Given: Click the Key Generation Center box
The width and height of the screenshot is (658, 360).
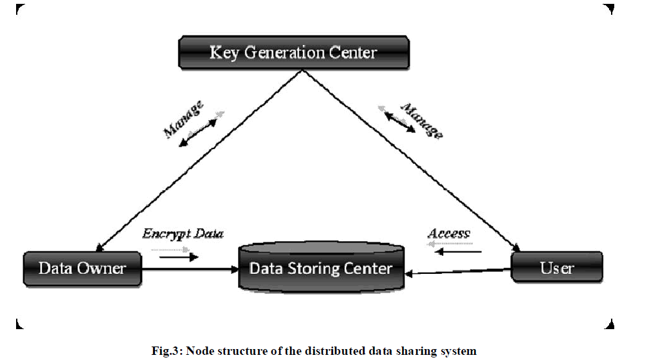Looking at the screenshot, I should pyautogui.click(x=293, y=52).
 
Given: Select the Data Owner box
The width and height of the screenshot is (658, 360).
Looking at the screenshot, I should pyautogui.click(x=82, y=267).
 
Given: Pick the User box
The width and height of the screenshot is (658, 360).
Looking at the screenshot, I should pyautogui.click(x=556, y=267).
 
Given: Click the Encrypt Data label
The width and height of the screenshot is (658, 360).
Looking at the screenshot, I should pyautogui.click(x=183, y=234).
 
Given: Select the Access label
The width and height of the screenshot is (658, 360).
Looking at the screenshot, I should pyautogui.click(x=449, y=234).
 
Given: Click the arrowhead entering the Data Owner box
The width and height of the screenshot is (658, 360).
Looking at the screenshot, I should pyautogui.click(x=99, y=248).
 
